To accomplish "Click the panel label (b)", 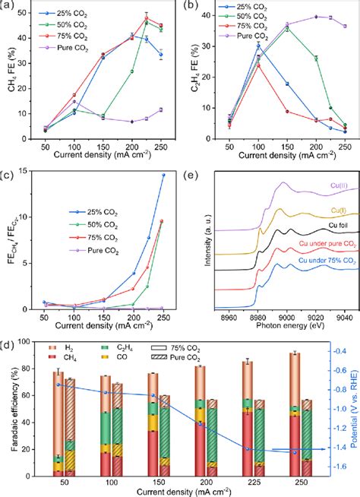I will click(x=191, y=6).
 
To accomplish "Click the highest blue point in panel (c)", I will click(x=163, y=196).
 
